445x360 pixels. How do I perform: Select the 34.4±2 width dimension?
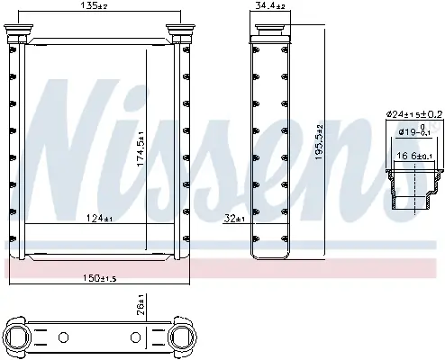(268, 6)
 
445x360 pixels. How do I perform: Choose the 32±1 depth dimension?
(234, 217)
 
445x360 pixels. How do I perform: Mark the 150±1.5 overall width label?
(100, 275)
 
